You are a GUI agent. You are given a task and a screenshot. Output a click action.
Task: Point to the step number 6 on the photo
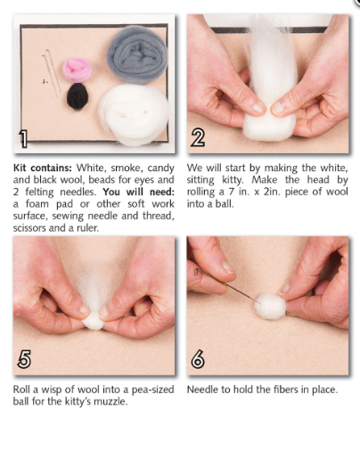tap(199, 359)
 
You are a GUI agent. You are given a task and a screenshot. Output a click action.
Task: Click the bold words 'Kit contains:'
tap(42, 168)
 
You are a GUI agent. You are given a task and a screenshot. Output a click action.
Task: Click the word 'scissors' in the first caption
tap(32, 226)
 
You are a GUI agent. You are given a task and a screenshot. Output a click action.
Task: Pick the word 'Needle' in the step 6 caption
tap(204, 389)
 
